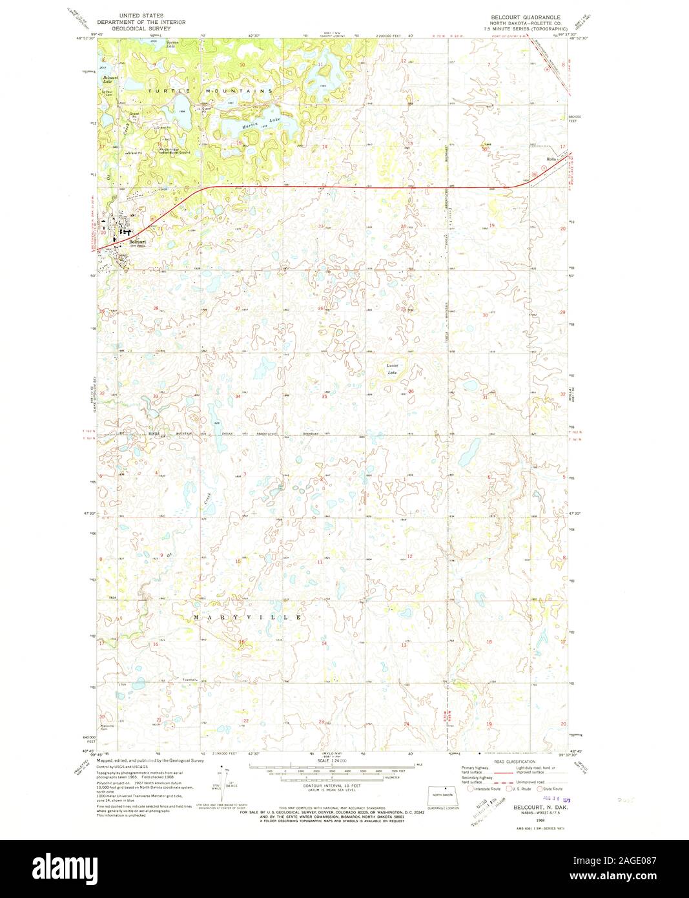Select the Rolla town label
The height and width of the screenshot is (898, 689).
click(x=551, y=159)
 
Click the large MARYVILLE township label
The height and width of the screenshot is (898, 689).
click(x=248, y=618)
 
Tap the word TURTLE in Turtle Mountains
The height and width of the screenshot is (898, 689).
click(x=165, y=92)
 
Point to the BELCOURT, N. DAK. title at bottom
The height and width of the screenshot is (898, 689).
click(x=531, y=808)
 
